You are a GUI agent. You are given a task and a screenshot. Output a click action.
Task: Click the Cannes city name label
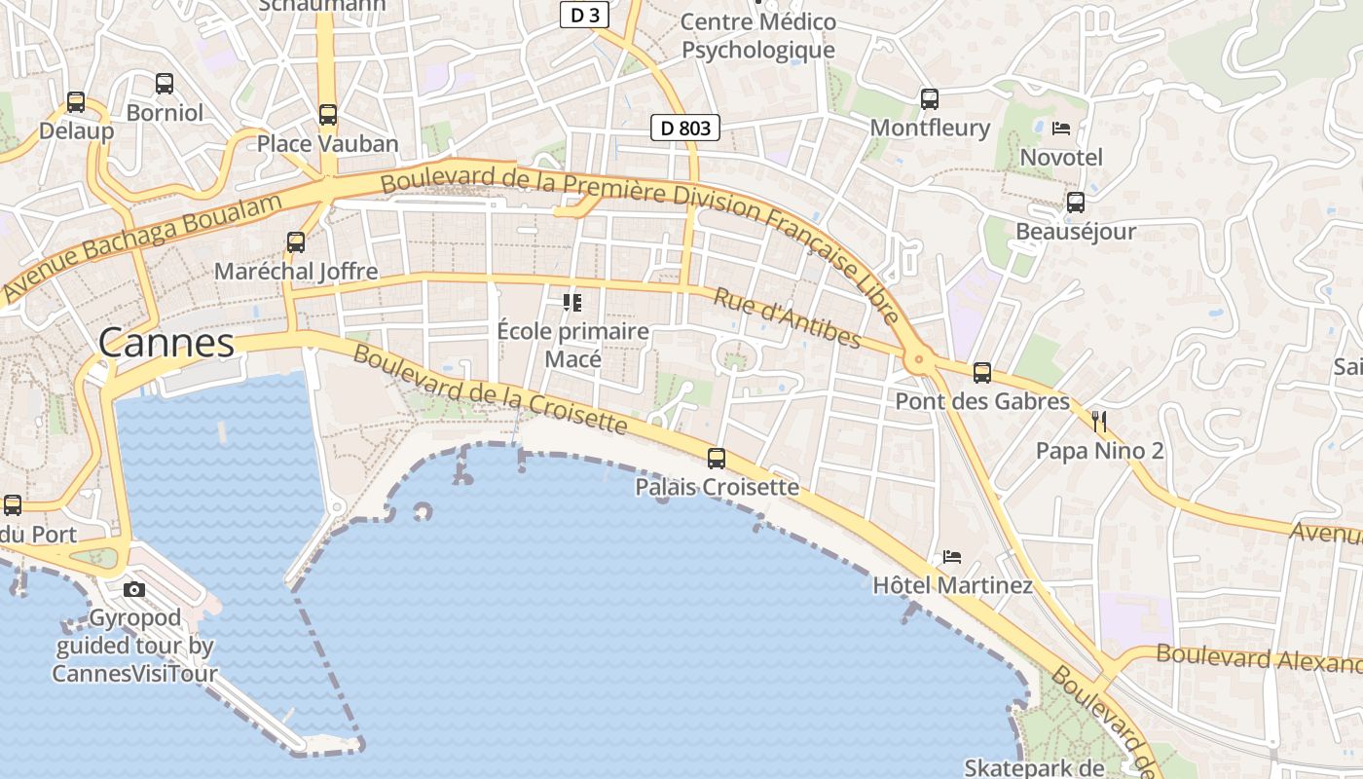[x=166, y=343]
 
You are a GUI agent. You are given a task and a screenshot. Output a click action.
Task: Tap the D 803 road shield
[x=685, y=128]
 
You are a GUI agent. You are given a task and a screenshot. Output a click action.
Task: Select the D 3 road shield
[x=584, y=15]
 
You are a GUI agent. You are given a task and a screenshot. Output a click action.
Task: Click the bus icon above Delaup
[x=75, y=101]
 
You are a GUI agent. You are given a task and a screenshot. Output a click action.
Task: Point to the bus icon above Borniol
[x=165, y=84]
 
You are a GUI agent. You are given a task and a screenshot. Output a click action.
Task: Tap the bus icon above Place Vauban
[x=328, y=115]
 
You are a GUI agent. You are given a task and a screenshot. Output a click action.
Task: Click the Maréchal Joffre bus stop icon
[x=295, y=242]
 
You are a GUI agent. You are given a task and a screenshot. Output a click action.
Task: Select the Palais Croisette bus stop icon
[x=717, y=458]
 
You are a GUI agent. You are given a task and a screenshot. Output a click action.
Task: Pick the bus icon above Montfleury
[x=929, y=98]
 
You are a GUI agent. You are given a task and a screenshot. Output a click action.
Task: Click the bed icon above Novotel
[x=1061, y=128]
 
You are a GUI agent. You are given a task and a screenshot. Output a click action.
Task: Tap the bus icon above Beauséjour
[x=1075, y=203]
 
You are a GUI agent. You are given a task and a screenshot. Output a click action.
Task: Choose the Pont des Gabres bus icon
[x=981, y=372]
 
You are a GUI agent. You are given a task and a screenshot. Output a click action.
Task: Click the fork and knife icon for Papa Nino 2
[x=1099, y=422]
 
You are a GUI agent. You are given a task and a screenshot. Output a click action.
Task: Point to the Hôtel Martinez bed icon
[x=952, y=557]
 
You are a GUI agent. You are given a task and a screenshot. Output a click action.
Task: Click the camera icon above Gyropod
[x=134, y=589]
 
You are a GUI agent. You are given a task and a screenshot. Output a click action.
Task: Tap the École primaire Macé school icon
[x=572, y=303]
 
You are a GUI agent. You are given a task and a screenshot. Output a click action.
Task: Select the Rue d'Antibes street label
[x=787, y=317]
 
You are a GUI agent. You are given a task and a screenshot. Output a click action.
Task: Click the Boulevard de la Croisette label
[x=490, y=389]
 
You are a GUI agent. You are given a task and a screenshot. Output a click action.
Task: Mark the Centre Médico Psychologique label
[x=758, y=36]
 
